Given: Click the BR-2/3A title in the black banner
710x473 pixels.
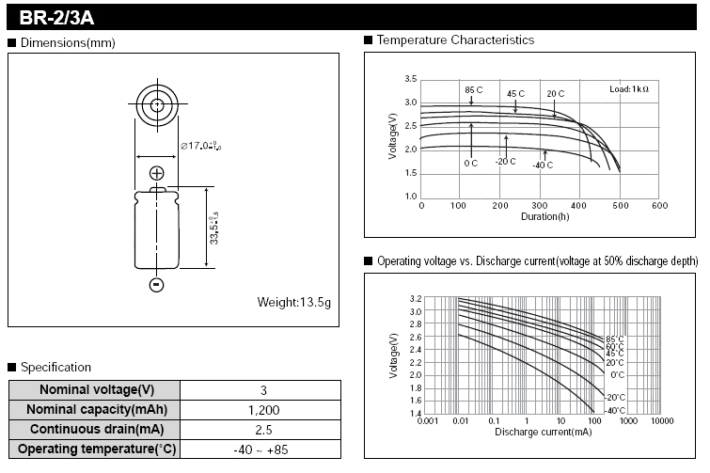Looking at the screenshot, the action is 56,18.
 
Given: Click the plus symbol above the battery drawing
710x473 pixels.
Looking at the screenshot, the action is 157,173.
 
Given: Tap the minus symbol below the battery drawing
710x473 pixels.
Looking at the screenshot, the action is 156,284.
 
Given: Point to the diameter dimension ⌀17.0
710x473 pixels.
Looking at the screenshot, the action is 200,146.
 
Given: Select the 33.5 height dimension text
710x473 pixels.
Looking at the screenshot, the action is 213,229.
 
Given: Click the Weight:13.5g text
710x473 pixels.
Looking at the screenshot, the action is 293,302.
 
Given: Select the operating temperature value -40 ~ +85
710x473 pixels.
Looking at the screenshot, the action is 260,449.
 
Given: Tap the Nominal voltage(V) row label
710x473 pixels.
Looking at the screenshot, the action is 97,389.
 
